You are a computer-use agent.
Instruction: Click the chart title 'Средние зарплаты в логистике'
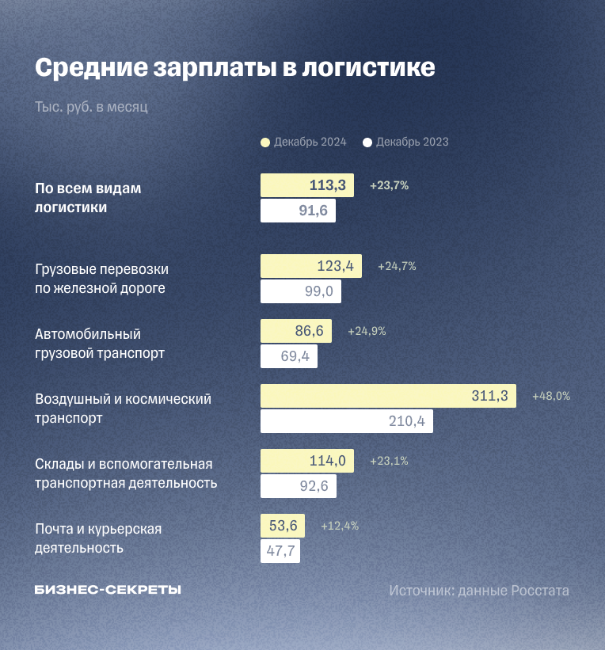click(234, 67)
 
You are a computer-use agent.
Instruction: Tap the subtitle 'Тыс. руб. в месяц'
click(91, 107)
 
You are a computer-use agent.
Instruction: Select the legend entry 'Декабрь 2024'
click(304, 143)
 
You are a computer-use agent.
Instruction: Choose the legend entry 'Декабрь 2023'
click(405, 143)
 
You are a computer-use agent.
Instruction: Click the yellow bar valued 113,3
click(307, 186)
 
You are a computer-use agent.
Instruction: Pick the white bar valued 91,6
click(298, 211)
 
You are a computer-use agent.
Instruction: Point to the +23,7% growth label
click(389, 186)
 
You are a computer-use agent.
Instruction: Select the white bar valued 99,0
click(301, 291)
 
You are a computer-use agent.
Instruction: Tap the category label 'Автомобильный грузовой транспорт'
click(100, 344)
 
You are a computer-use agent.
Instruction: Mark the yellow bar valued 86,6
click(296, 331)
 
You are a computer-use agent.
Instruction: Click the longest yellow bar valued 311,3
click(388, 396)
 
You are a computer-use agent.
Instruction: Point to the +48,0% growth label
click(551, 396)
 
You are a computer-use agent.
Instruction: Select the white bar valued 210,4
click(346, 421)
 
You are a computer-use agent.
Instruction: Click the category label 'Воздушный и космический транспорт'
click(123, 409)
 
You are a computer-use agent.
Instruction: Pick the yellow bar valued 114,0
click(307, 461)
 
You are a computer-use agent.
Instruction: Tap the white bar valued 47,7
click(280, 551)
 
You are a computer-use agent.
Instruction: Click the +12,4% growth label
click(340, 526)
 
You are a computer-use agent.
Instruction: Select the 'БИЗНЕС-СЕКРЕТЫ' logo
click(108, 590)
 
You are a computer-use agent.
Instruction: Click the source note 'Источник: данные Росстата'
click(478, 591)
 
